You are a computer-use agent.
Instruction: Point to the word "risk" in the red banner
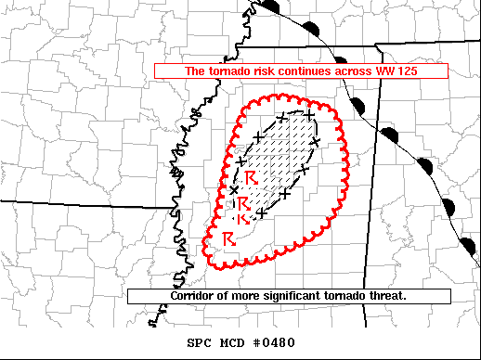coord(261,71)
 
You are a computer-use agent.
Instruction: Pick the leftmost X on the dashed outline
coord(234,189)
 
